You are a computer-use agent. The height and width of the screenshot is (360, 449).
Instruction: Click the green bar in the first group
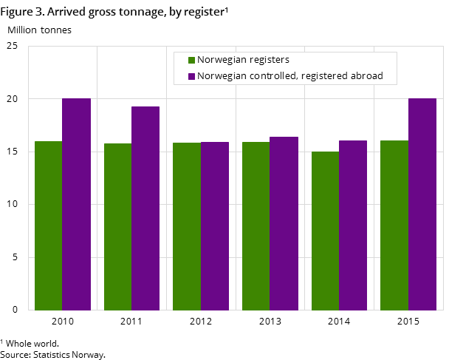tap(49, 225)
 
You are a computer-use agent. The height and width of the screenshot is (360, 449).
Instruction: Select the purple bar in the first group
tap(76, 204)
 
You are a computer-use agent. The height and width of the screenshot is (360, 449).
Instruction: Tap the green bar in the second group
tap(117, 226)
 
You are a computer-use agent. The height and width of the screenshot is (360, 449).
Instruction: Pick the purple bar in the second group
tap(145, 208)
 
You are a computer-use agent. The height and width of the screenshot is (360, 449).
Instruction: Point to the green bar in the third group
tap(187, 226)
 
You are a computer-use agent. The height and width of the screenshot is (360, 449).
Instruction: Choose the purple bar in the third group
tap(215, 225)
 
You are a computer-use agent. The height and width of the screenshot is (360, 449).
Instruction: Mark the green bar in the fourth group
tap(256, 225)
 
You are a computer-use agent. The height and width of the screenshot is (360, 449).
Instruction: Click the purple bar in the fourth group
tap(284, 223)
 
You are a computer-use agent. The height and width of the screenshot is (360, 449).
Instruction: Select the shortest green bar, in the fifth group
tap(325, 231)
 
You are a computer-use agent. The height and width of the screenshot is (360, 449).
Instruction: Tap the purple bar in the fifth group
tap(353, 225)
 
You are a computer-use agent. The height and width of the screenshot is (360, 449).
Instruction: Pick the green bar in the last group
tap(394, 225)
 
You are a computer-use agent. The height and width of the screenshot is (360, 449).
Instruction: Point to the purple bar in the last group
tap(422, 204)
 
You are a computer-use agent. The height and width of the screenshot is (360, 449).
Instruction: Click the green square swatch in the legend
tap(191, 61)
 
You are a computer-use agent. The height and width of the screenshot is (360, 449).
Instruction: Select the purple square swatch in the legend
tap(191, 76)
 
